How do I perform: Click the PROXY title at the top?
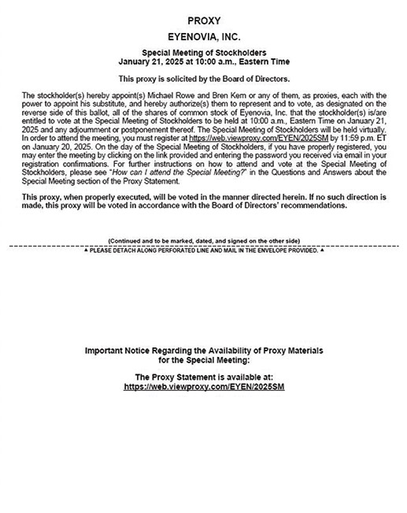203,20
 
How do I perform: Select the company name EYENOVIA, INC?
203,36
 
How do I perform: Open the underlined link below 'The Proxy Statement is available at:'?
203,387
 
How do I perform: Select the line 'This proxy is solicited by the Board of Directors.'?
203,79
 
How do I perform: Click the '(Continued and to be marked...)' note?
203,240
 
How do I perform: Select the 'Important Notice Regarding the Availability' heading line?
203,349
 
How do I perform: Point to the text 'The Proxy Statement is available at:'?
203,377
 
